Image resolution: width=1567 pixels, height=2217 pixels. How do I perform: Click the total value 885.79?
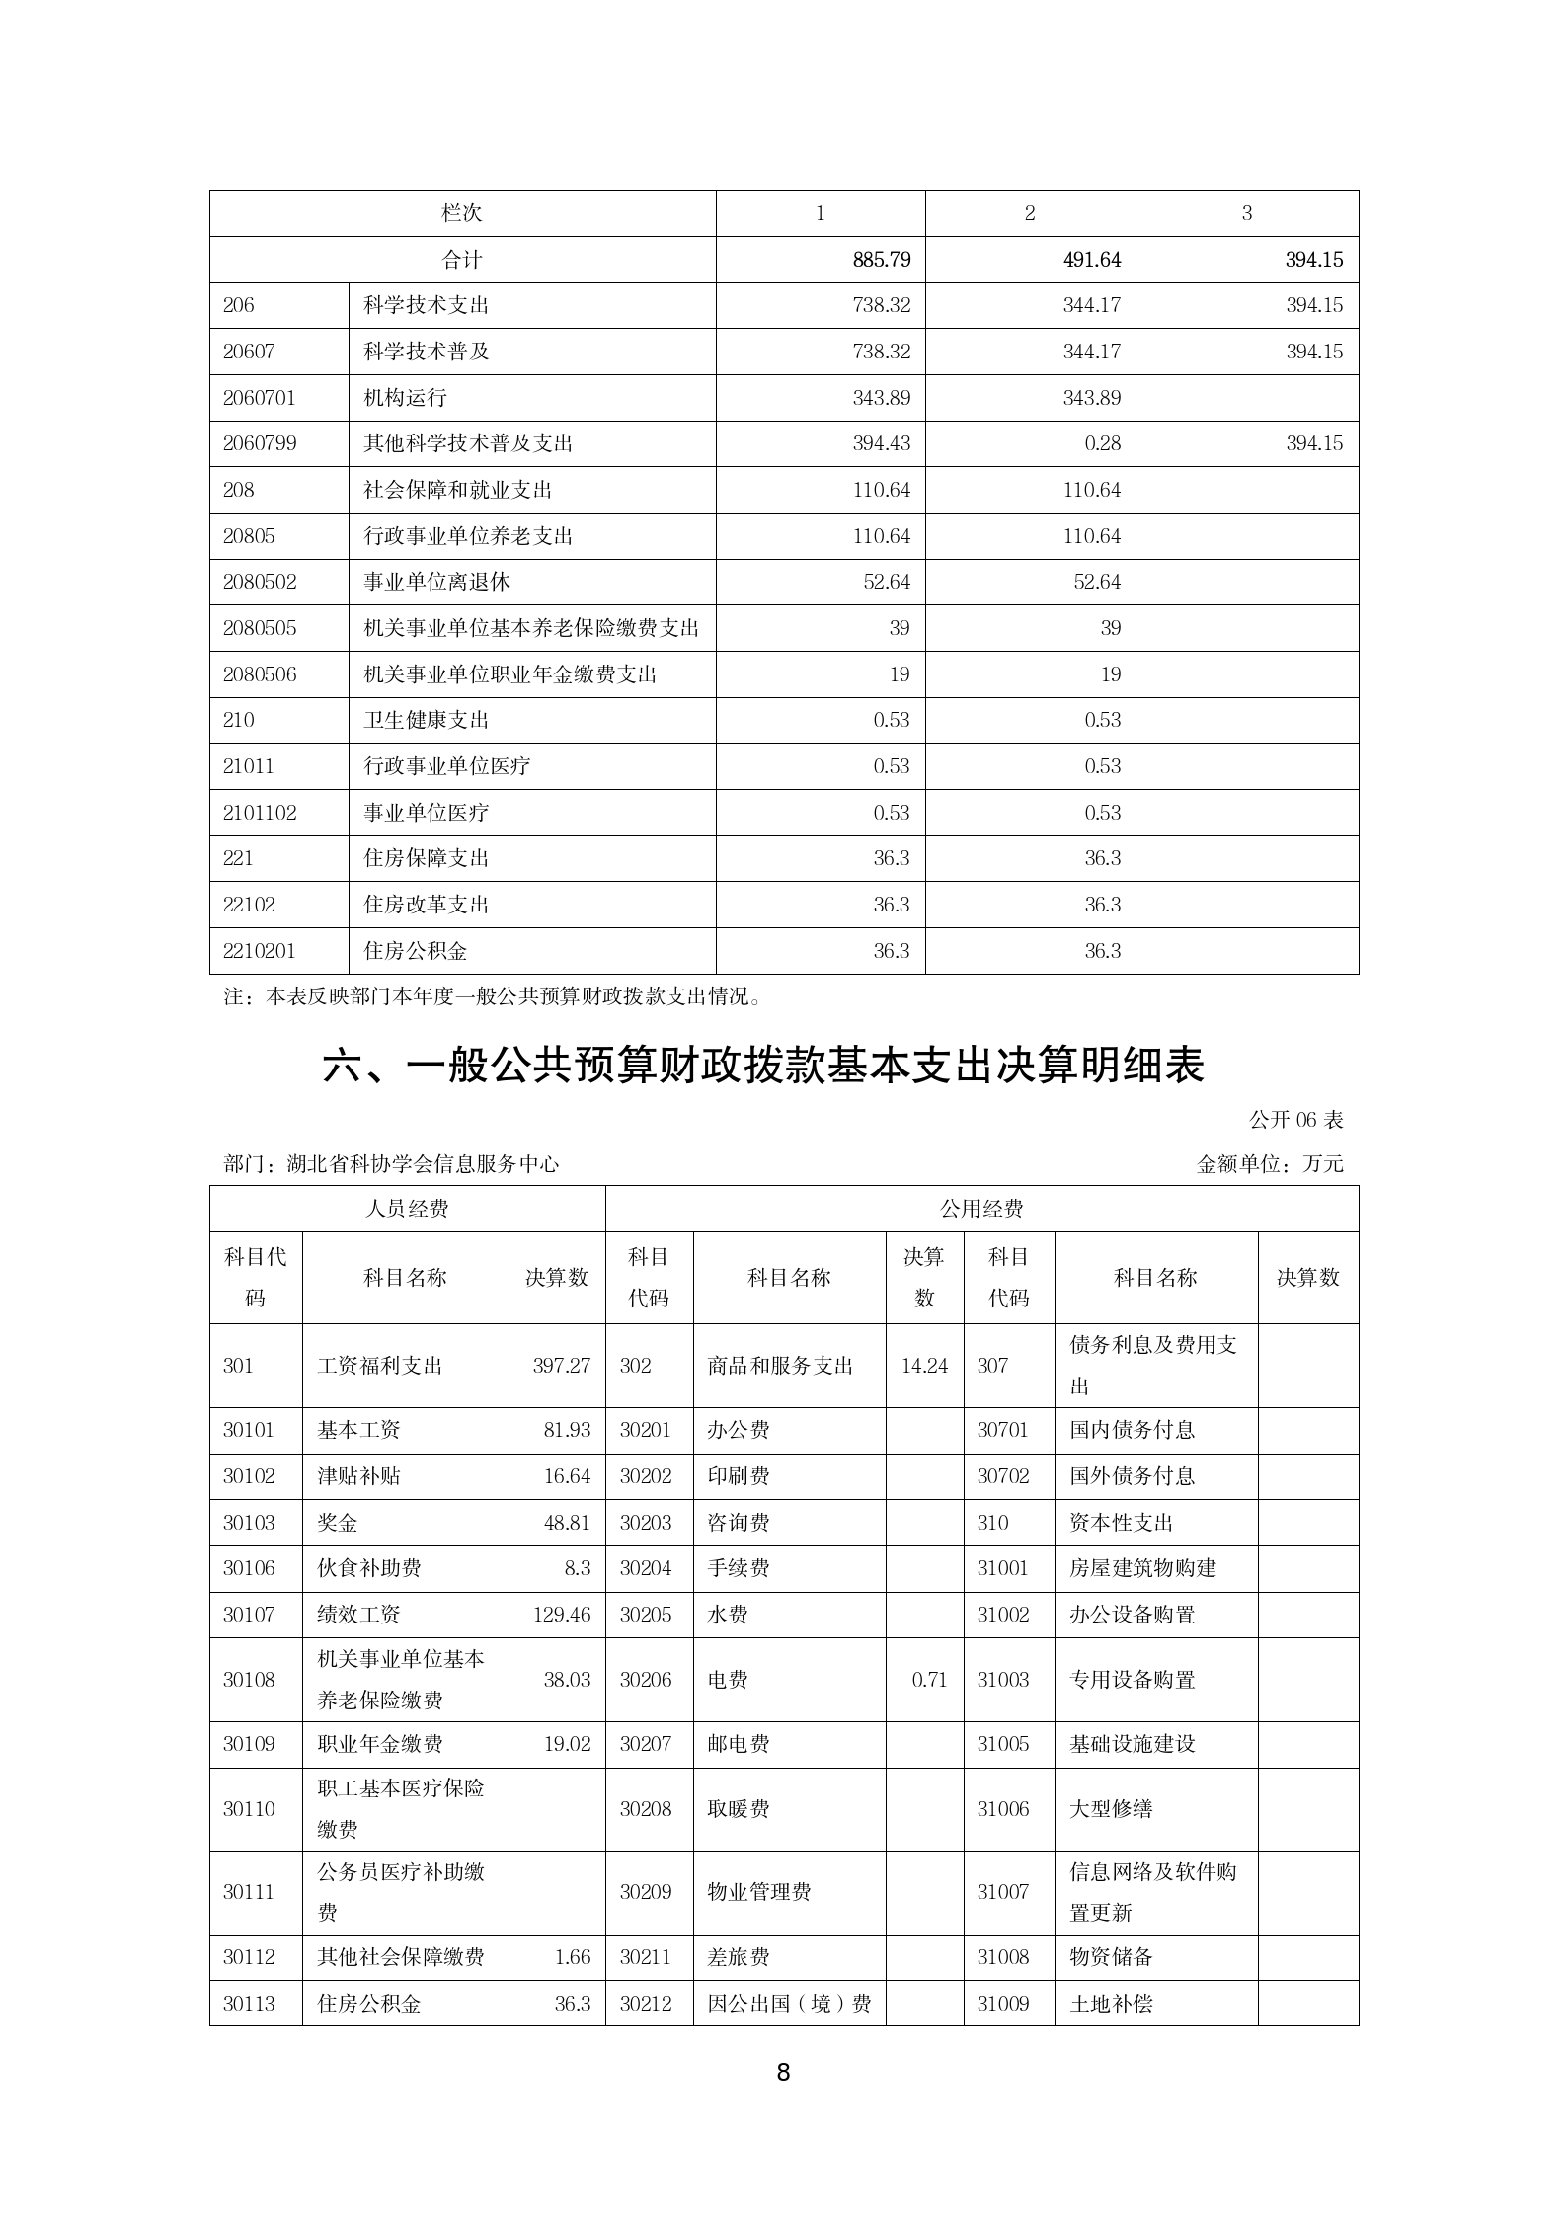pyautogui.click(x=882, y=260)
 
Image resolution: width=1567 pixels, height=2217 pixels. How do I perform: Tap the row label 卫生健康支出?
pyautogui.click(x=426, y=720)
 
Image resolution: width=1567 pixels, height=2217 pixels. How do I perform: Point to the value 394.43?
pyautogui.click(x=882, y=443)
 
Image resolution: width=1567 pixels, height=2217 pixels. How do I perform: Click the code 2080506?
pyautogui.click(x=259, y=674)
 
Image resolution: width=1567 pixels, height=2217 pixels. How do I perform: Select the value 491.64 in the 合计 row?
pyautogui.click(x=1092, y=260)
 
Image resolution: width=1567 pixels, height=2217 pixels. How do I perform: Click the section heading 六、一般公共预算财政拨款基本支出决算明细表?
pyautogui.click(x=763, y=1067)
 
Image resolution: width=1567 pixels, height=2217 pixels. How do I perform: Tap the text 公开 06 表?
pyautogui.click(x=1295, y=1120)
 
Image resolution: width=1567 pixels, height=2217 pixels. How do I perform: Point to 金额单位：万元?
pyautogui.click(x=1270, y=1164)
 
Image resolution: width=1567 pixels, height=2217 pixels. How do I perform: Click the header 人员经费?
pyautogui.click(x=407, y=1209)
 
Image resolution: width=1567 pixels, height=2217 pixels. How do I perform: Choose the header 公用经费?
pyautogui.click(x=981, y=1209)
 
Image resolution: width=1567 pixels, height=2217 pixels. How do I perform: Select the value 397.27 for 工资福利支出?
pyautogui.click(x=561, y=1366)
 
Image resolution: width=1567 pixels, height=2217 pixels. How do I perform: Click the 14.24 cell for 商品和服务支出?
pyautogui.click(x=924, y=1366)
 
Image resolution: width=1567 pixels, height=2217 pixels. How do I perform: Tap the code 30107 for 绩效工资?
pyautogui.click(x=249, y=1615)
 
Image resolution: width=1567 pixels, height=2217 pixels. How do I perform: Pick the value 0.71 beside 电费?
pyautogui.click(x=929, y=1680)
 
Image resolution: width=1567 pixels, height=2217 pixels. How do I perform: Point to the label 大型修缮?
pyautogui.click(x=1111, y=1809)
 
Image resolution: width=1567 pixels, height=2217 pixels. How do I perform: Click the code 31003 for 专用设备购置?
pyautogui.click(x=1003, y=1680)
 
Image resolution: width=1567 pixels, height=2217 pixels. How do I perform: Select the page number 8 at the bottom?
pyautogui.click(x=783, y=2073)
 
